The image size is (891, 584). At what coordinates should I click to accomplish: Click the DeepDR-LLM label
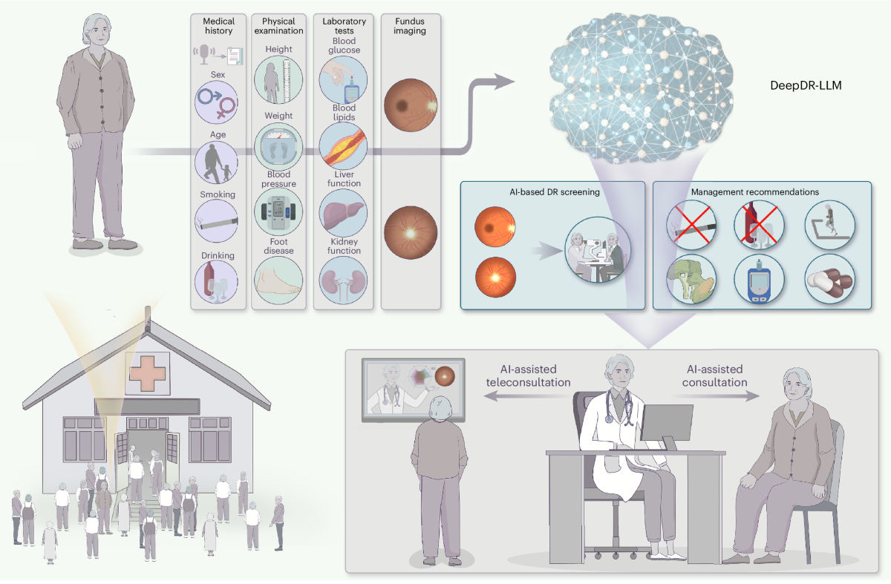[x=805, y=86]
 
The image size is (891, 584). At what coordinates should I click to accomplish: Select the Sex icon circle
[x=216, y=102]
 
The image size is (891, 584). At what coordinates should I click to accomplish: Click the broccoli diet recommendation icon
[x=690, y=280]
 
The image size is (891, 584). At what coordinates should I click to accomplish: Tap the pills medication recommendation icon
[x=829, y=280]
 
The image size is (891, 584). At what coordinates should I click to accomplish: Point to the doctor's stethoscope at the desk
[x=618, y=407]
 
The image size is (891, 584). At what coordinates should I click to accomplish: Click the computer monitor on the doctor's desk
[x=666, y=424]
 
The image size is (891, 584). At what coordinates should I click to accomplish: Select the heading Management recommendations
[x=755, y=192]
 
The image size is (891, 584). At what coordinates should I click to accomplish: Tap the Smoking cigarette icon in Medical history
[x=216, y=219]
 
